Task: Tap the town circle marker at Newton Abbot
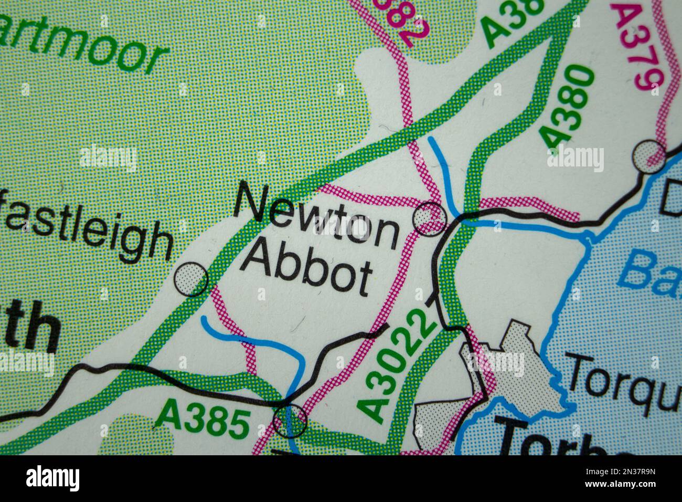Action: (431, 218)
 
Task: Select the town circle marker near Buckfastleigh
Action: (191, 278)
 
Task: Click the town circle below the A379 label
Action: (648, 156)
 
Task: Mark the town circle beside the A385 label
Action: (290, 420)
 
